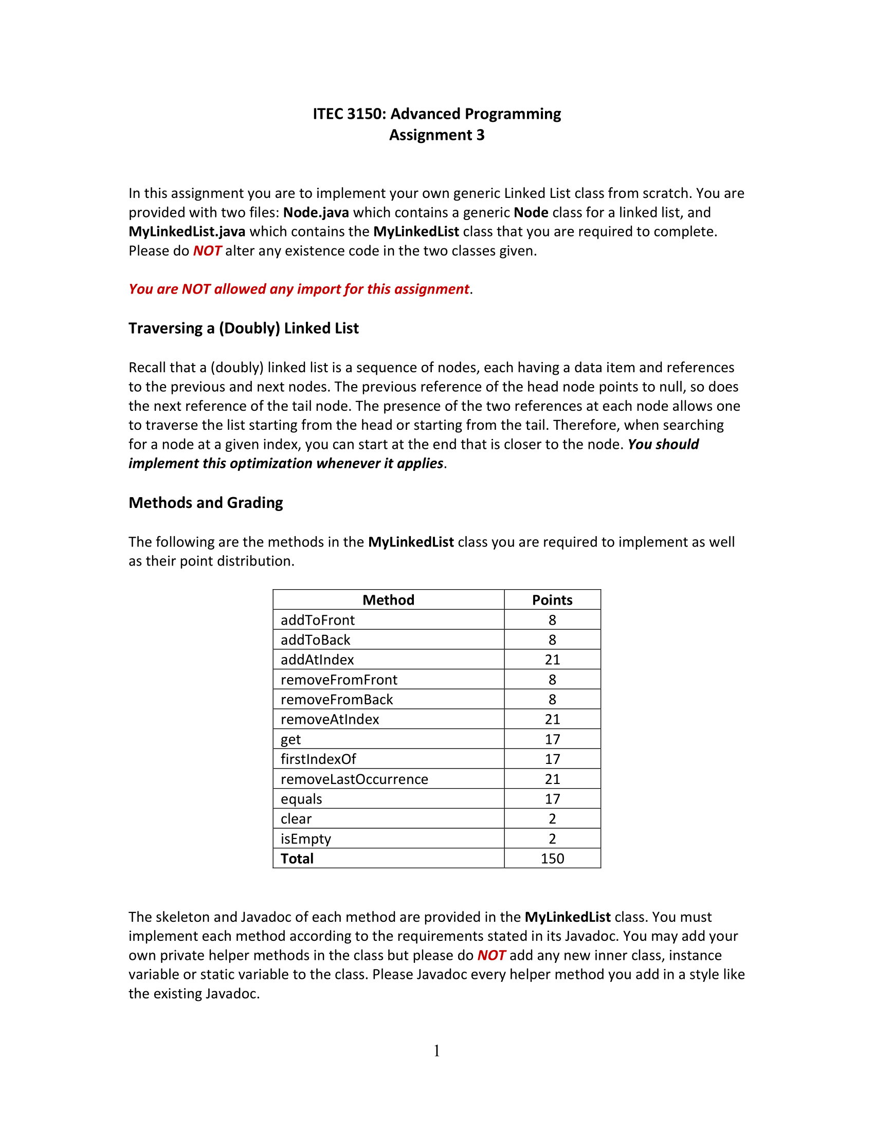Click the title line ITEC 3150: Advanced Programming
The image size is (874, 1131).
tap(436, 114)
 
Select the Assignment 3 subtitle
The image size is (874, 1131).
tap(436, 135)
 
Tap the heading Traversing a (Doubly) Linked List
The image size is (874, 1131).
tap(243, 329)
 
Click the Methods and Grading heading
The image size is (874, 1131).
tap(206, 503)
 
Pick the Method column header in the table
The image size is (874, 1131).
tap(388, 599)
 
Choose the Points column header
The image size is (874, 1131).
tap(552, 599)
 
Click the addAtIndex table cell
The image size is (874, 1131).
tap(317, 660)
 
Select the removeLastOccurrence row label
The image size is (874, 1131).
tap(354, 779)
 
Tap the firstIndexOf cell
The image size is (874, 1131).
tap(318, 759)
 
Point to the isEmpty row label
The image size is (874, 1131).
tap(305, 839)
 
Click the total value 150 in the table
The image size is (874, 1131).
tap(552, 859)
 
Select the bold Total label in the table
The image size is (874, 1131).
tap(297, 859)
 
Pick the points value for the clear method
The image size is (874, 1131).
tap(552, 819)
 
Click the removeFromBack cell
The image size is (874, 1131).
tap(337, 700)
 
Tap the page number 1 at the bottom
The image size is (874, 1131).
tap(436, 1051)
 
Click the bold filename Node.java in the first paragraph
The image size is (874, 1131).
tap(316, 212)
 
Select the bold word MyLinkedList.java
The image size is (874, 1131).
tap(187, 231)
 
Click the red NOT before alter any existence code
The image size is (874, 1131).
tap(207, 251)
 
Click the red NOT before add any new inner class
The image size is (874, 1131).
tap(491, 956)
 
